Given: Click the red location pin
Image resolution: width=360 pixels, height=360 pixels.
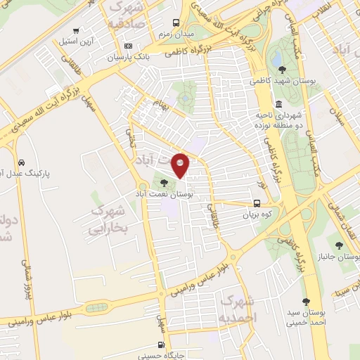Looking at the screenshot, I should (x=181, y=165).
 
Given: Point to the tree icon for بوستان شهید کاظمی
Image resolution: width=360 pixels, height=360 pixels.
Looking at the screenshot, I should (x=282, y=69).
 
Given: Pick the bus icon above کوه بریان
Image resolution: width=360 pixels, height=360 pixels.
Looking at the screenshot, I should (x=258, y=205).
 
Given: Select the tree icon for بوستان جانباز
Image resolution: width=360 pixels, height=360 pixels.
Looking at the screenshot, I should (x=340, y=245).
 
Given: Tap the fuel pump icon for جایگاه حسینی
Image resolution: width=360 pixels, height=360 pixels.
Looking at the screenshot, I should (x=163, y=345).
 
